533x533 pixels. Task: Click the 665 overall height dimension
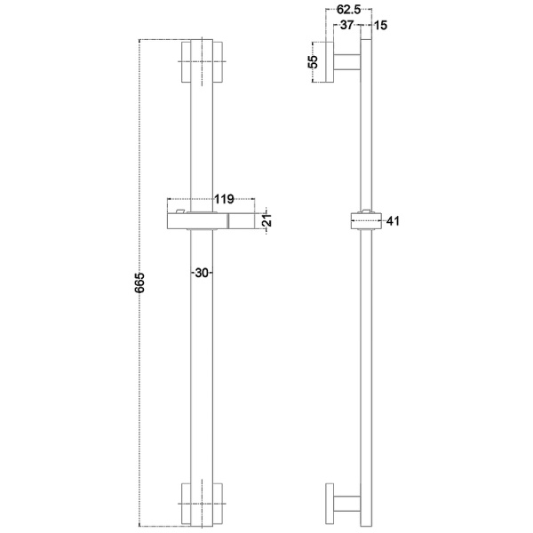point(139,282)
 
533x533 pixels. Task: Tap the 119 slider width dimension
point(224,199)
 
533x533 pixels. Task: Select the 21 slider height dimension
point(268,220)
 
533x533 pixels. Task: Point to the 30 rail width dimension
point(202,273)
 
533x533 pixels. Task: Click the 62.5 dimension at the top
point(348,10)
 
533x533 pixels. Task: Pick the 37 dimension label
point(346,25)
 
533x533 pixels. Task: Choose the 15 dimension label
point(381,26)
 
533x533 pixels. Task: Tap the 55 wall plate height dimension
point(313,61)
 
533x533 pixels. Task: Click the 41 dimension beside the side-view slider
point(393,221)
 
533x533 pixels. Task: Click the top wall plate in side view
point(330,62)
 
